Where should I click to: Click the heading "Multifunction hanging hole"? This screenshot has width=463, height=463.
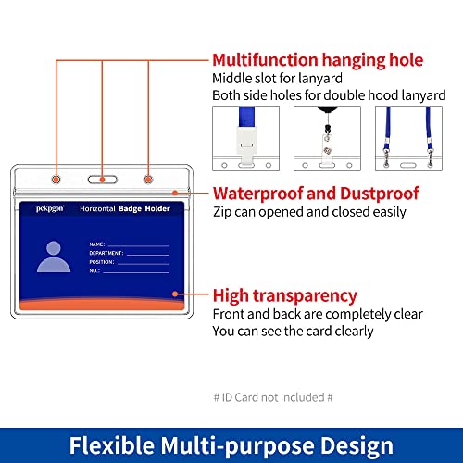point(318,60)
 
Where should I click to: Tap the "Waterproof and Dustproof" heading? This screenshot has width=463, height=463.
point(316,194)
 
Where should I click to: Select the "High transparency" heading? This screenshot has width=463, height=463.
point(284,295)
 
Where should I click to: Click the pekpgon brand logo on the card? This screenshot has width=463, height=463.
point(50,209)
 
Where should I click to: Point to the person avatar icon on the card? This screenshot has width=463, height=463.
point(54,257)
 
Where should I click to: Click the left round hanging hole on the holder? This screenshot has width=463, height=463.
point(56,180)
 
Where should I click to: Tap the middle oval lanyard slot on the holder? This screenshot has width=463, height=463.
point(103,180)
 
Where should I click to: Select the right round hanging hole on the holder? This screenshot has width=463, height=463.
point(148,180)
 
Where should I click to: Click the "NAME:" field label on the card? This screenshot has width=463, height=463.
point(97,244)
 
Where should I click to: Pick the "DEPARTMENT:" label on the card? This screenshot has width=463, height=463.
point(106,253)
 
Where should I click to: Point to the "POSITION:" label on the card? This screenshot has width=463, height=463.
point(102,262)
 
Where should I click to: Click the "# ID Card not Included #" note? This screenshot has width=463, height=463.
point(273,397)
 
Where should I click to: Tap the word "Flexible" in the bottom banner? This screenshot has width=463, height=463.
point(112,445)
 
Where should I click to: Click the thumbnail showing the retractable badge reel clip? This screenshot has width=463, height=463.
point(327,139)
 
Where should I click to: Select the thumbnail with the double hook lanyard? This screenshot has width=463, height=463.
point(408,139)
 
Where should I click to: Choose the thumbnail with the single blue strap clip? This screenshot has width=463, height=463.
point(245,139)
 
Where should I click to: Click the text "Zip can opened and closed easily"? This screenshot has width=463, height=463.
point(309,212)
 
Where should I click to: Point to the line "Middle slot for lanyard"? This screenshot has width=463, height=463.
point(277,79)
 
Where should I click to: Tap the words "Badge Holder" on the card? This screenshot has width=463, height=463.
point(144,209)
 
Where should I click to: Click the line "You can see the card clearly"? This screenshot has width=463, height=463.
point(293,332)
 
